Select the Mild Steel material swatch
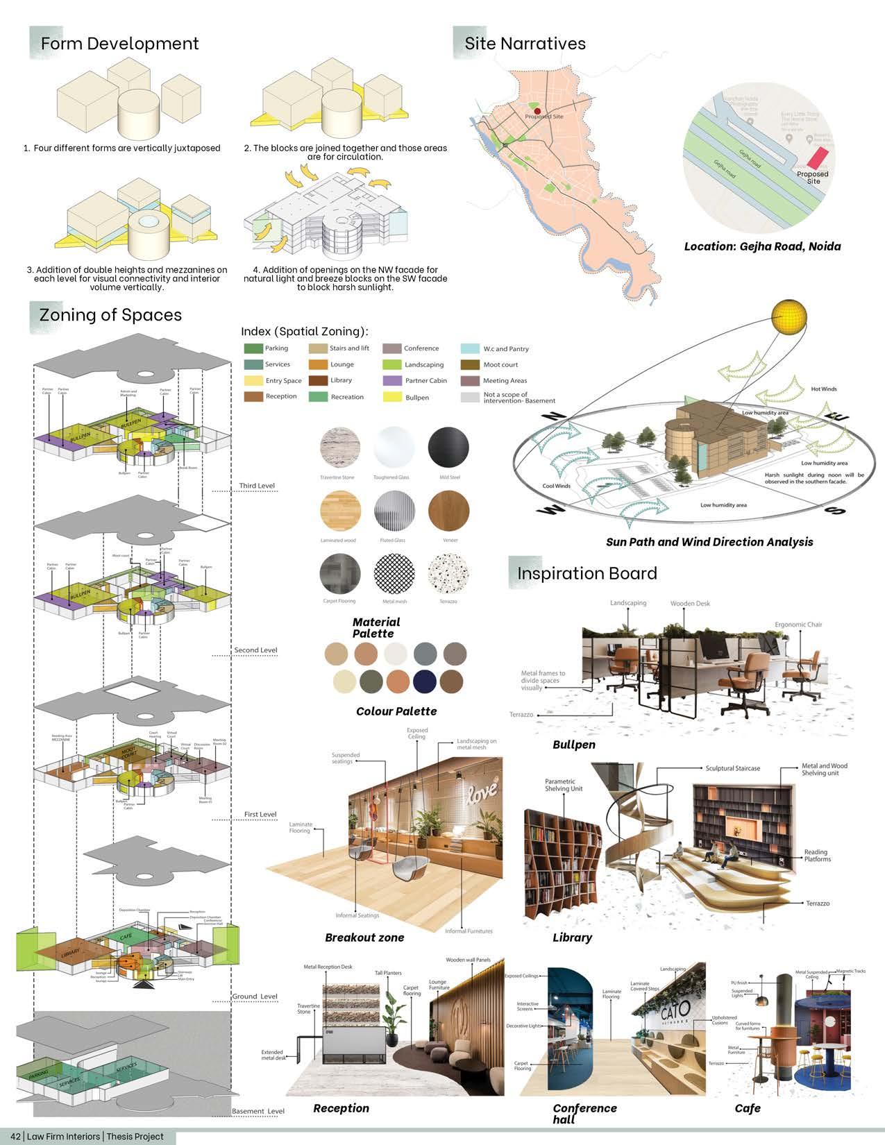pos(448,448)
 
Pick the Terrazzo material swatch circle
pos(448,574)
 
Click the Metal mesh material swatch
pos(394,574)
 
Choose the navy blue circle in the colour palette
pos(424,681)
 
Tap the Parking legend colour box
pos(253,348)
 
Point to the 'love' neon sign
pos(483,790)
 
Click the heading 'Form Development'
pos(119,44)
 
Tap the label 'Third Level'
pos(257,486)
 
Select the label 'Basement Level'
pos(258,1111)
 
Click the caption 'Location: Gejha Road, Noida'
pos(762,246)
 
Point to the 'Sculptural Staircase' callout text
pos(732,768)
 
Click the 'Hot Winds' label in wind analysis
pos(823,389)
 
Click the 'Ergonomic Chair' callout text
pos(798,625)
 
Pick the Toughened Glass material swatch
pos(394,448)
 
